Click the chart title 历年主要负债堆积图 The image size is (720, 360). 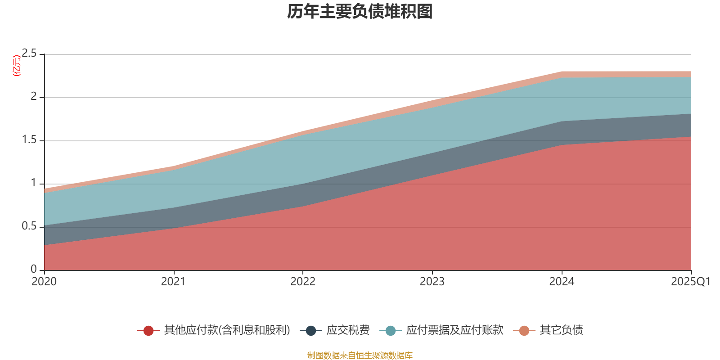click(360, 12)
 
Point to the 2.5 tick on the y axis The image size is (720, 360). click(30, 54)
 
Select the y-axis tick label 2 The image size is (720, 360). click(34, 97)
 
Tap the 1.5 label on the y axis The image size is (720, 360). click(30, 140)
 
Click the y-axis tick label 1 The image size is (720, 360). click(34, 183)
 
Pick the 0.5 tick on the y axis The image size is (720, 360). click(30, 226)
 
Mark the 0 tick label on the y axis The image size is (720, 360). click(34, 269)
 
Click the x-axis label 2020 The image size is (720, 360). click(44, 282)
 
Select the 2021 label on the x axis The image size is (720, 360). click(173, 282)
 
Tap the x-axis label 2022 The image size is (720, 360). click(303, 282)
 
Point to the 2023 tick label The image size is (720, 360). click(432, 282)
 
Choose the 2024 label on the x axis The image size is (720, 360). click(562, 282)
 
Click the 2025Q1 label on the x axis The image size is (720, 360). click(690, 282)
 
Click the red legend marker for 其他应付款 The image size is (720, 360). click(148, 331)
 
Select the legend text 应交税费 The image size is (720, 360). click(348, 330)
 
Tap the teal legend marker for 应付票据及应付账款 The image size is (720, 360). click(391, 331)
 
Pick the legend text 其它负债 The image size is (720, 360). click(561, 330)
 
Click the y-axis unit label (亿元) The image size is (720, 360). click(17, 66)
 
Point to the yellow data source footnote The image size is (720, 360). click(360, 355)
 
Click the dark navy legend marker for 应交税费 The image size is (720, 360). click(311, 331)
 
